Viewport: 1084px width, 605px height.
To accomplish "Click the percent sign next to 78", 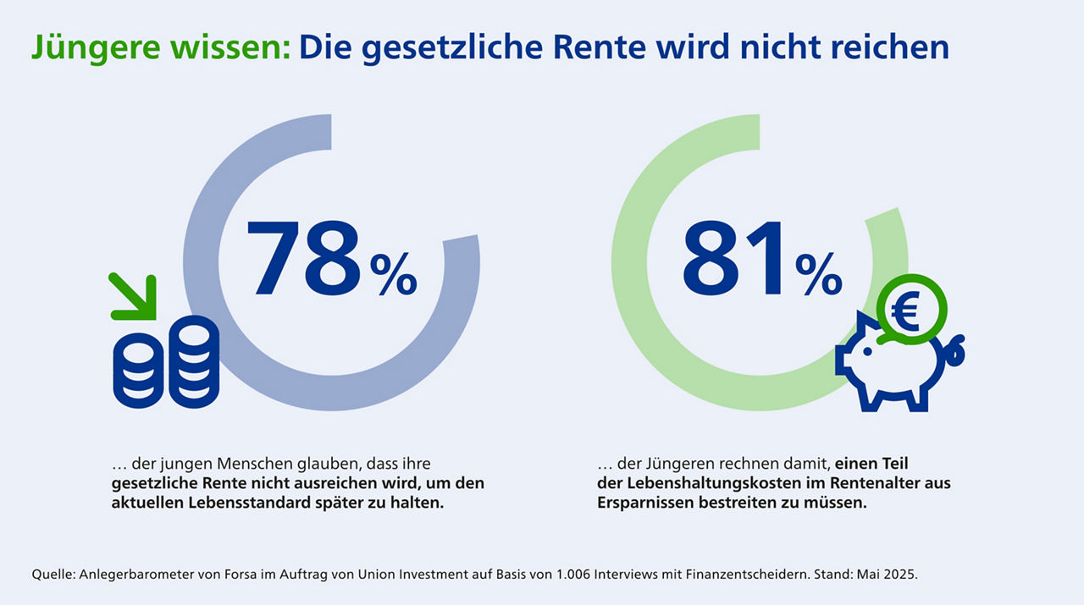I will [x=393, y=274].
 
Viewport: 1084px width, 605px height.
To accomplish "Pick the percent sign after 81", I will [x=818, y=274].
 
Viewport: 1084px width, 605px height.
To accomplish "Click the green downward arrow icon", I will [x=135, y=297].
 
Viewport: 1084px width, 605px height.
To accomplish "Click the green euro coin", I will [x=910, y=311].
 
